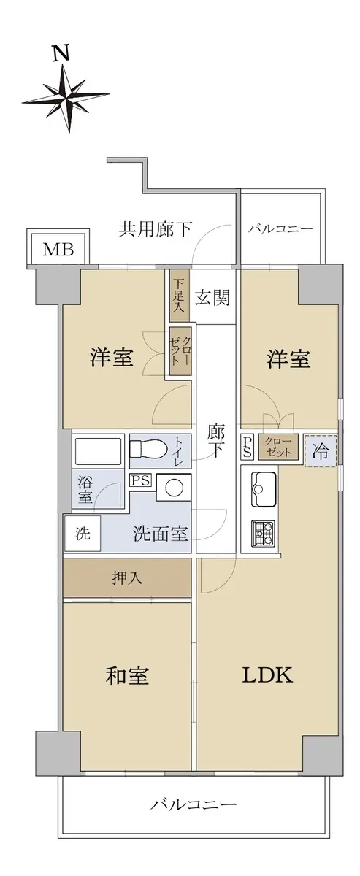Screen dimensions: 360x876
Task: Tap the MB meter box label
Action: click(58, 249)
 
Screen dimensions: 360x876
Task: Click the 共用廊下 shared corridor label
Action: click(156, 229)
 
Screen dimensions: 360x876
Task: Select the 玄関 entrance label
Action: click(212, 298)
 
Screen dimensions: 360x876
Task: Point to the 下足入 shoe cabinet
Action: click(180, 294)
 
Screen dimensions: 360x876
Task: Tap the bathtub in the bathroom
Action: click(98, 451)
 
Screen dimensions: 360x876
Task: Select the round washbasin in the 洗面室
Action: click(174, 488)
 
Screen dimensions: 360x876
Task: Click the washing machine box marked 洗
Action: click(83, 534)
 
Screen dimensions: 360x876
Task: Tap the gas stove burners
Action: click(264, 534)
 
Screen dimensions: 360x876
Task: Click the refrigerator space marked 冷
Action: click(321, 451)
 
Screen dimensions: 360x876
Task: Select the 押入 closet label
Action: click(127, 578)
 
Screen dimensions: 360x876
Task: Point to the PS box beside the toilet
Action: click(140, 480)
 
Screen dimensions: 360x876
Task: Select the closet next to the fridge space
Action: click(277, 447)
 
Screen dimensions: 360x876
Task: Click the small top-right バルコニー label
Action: click(280, 228)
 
